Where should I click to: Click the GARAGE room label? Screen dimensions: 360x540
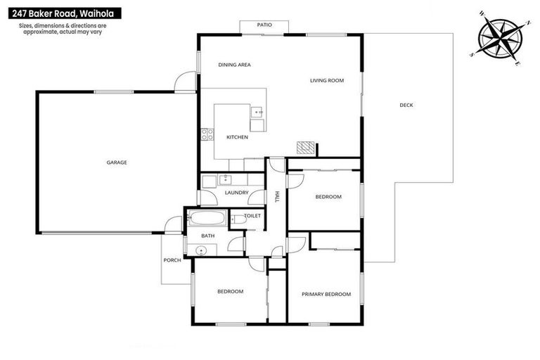117,162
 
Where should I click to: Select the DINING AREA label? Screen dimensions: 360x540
234,65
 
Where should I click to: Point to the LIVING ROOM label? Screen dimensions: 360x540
326,81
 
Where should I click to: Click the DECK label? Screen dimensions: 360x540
406,105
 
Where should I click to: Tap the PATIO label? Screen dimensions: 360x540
264,25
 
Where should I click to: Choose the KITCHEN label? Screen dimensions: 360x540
236,137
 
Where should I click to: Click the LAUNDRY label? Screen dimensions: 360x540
236,192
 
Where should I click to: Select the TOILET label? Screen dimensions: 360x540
252,216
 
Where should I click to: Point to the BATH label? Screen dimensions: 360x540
207,236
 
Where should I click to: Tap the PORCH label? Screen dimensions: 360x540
172,260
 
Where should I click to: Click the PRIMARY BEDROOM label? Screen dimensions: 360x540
326,294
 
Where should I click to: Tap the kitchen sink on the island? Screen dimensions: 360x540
257,111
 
